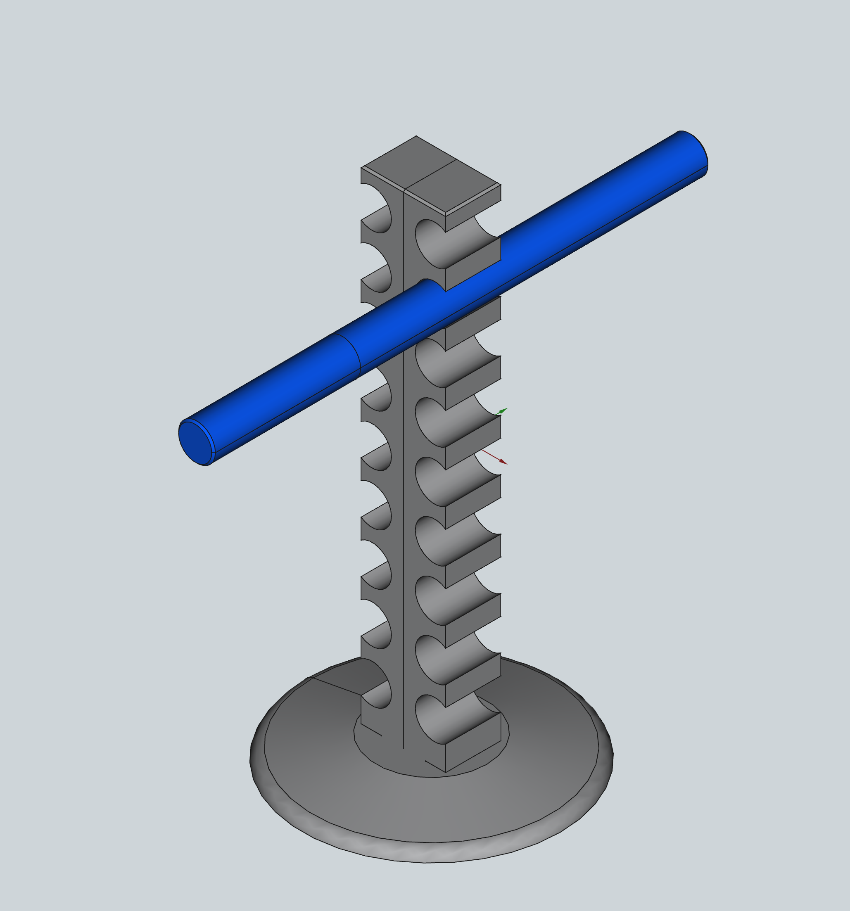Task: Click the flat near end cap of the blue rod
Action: point(196,443)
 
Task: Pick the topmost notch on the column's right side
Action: point(431,243)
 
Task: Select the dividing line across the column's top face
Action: point(431,174)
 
